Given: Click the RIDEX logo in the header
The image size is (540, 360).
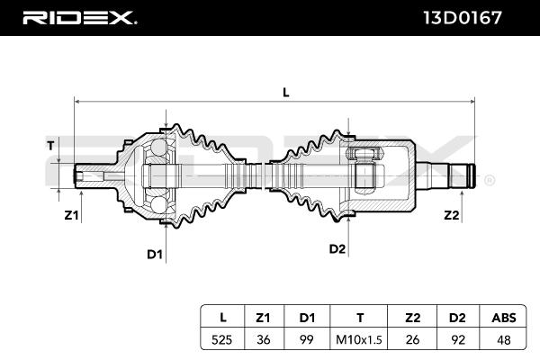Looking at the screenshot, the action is (79, 18).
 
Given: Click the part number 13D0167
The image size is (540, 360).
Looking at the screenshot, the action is (463, 18).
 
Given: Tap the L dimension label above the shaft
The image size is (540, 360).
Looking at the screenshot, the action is (286, 93).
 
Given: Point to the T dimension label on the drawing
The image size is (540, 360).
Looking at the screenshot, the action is (50, 146).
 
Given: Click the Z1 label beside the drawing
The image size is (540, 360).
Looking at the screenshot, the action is (71, 215).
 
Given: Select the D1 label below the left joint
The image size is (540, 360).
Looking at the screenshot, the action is (155, 254).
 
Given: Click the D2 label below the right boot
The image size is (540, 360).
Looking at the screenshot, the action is (337, 248).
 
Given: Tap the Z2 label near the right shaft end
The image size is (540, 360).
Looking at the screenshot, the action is (452, 215).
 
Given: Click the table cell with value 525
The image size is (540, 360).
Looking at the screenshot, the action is (221, 340).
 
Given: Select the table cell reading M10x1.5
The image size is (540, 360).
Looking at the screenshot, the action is (359, 340).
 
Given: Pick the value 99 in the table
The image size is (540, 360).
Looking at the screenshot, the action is (307, 340).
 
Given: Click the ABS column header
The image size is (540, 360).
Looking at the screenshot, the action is (504, 318).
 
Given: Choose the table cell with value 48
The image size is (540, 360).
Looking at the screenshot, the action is (504, 340).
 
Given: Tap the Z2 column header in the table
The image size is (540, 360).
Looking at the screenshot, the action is (412, 318).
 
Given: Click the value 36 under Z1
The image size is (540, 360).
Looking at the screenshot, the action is (264, 340).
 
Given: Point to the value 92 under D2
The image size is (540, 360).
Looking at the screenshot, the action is (458, 340).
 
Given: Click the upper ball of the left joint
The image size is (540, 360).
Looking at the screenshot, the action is (159, 147).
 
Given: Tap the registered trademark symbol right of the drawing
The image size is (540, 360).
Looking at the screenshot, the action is (490, 180).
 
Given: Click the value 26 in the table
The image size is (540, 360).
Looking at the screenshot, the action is (412, 340).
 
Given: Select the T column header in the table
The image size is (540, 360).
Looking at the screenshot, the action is (359, 318).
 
